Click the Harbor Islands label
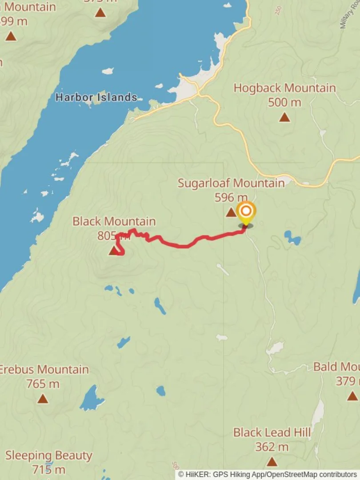click(x=96, y=97)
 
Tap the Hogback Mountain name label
click(x=284, y=88)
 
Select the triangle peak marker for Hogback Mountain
click(x=284, y=117)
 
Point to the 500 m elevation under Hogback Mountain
click(x=284, y=102)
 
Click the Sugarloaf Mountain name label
click(x=231, y=183)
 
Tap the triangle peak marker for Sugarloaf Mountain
click(x=231, y=212)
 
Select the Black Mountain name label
click(x=114, y=221)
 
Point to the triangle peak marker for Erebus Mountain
click(x=43, y=399)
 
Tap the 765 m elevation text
click(x=43, y=384)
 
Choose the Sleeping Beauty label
click(x=49, y=456)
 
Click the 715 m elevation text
click(x=48, y=469)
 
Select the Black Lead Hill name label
click(x=272, y=432)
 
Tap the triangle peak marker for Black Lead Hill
click(x=272, y=462)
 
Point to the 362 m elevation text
click(x=272, y=447)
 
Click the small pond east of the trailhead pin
click(x=292, y=237)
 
